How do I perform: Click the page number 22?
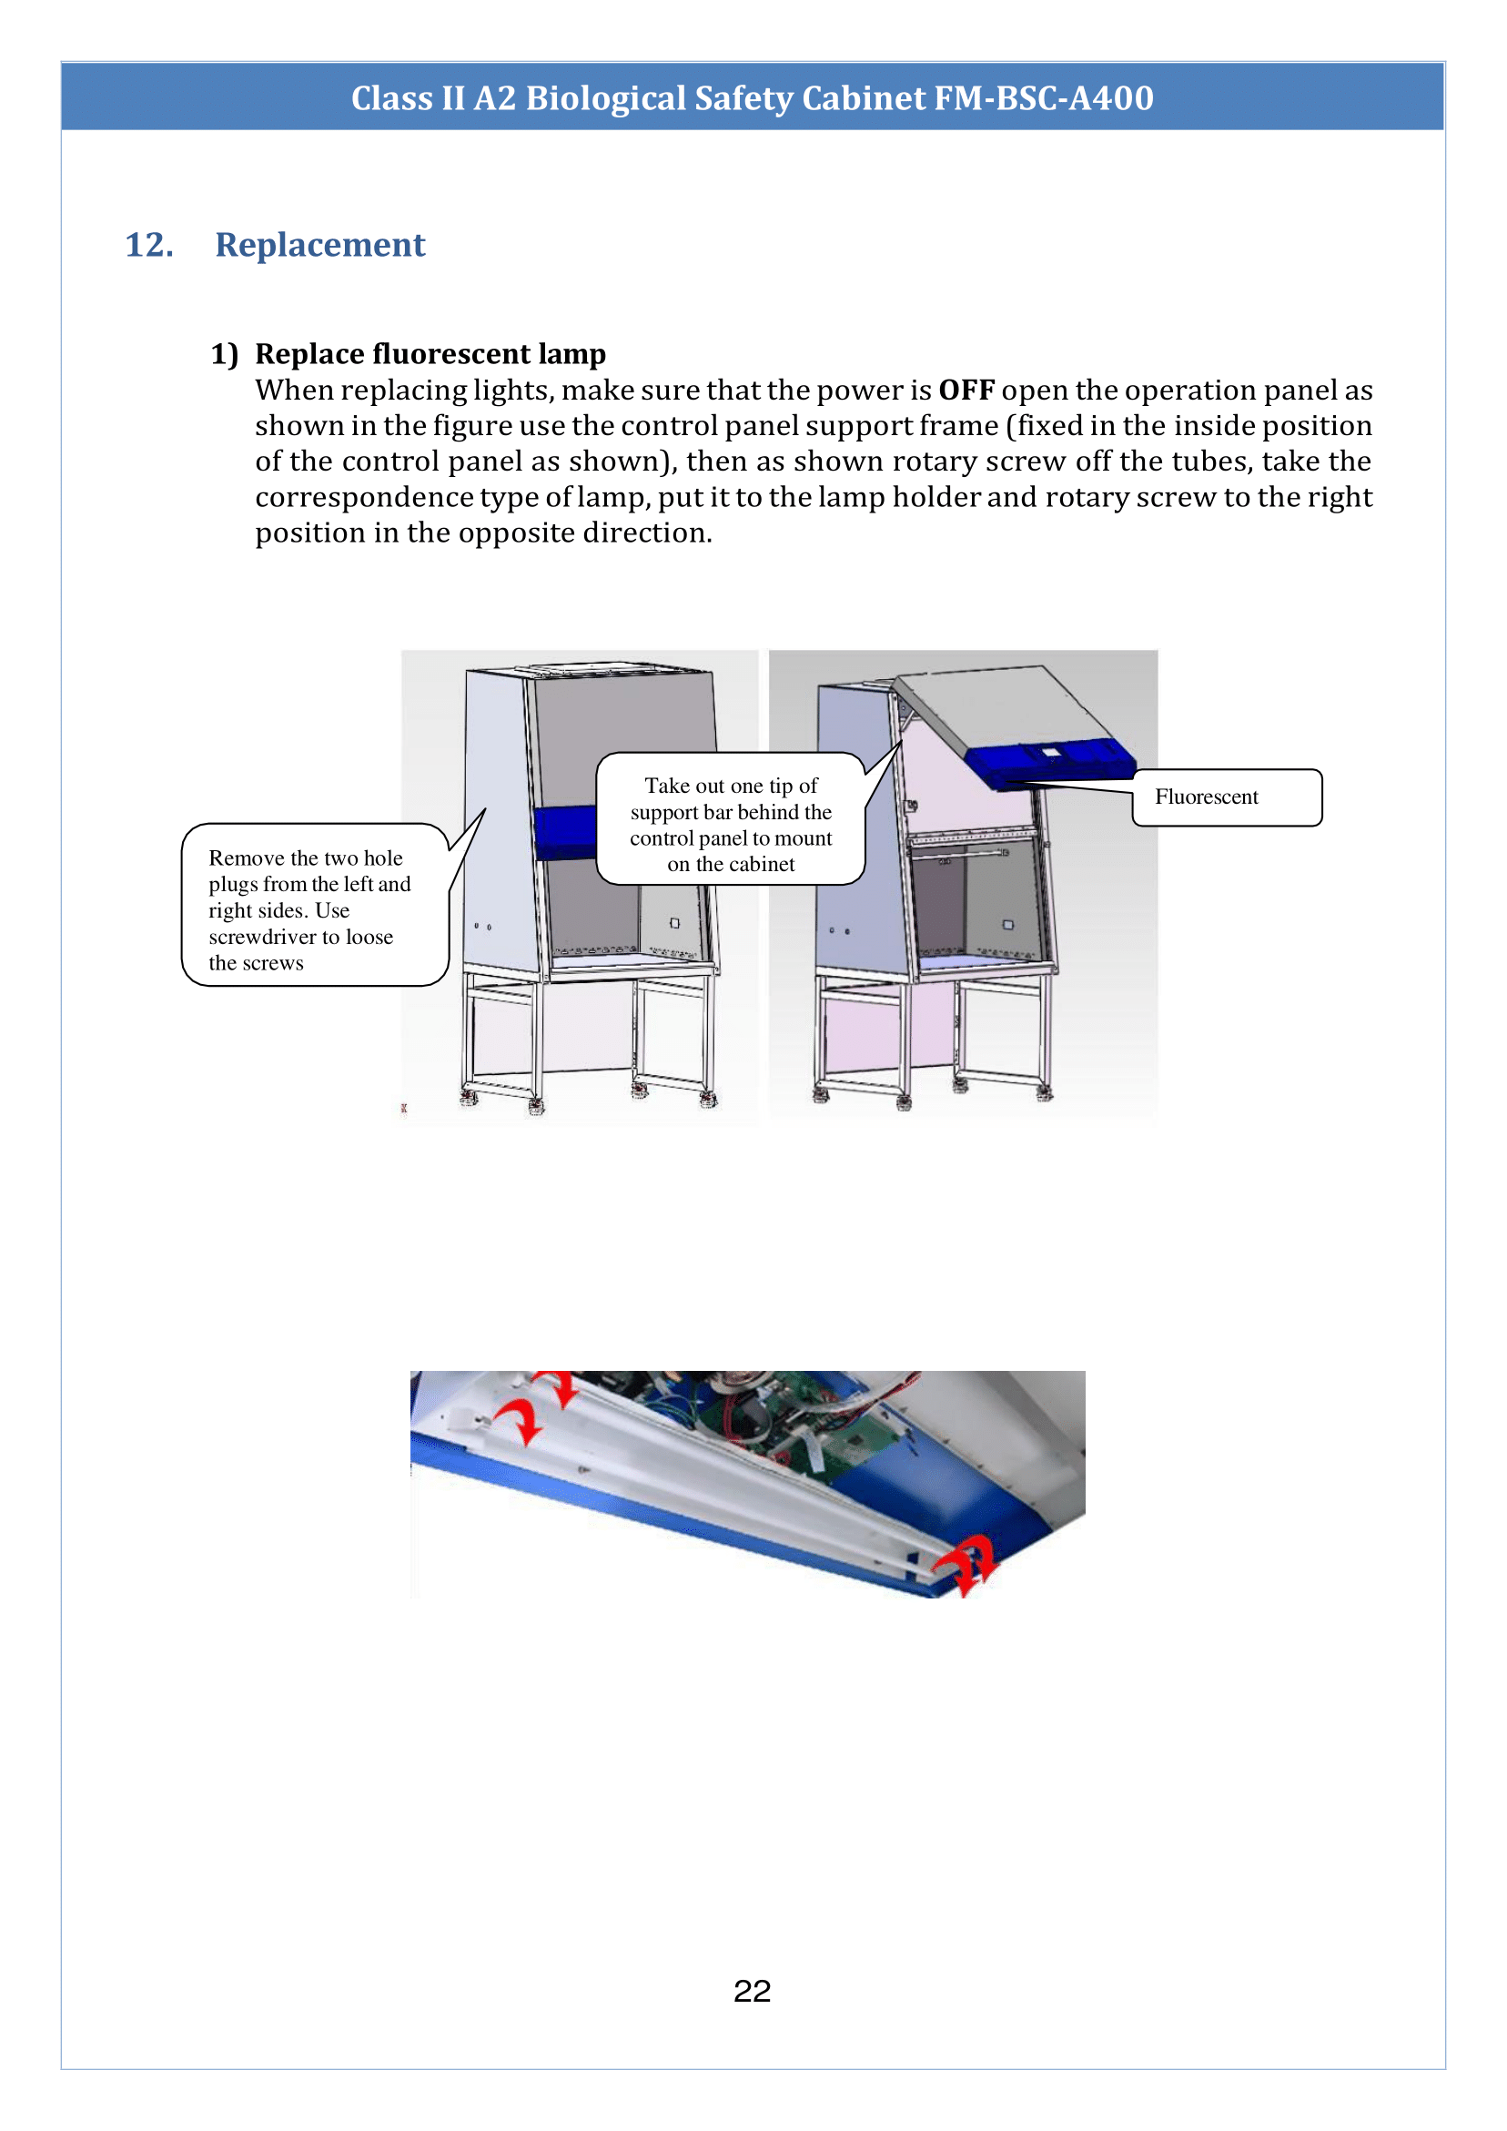[x=752, y=1991]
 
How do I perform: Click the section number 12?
[x=149, y=245]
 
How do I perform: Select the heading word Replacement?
[x=320, y=245]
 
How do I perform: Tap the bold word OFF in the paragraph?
[x=966, y=390]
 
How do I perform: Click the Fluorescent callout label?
[x=1207, y=797]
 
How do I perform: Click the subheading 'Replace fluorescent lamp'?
[x=430, y=354]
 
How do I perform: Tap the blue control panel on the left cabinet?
[x=564, y=832]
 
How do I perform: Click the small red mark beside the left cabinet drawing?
[x=404, y=1108]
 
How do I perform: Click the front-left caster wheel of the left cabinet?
[x=535, y=1104]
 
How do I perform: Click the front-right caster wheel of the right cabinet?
[x=1045, y=1093]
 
